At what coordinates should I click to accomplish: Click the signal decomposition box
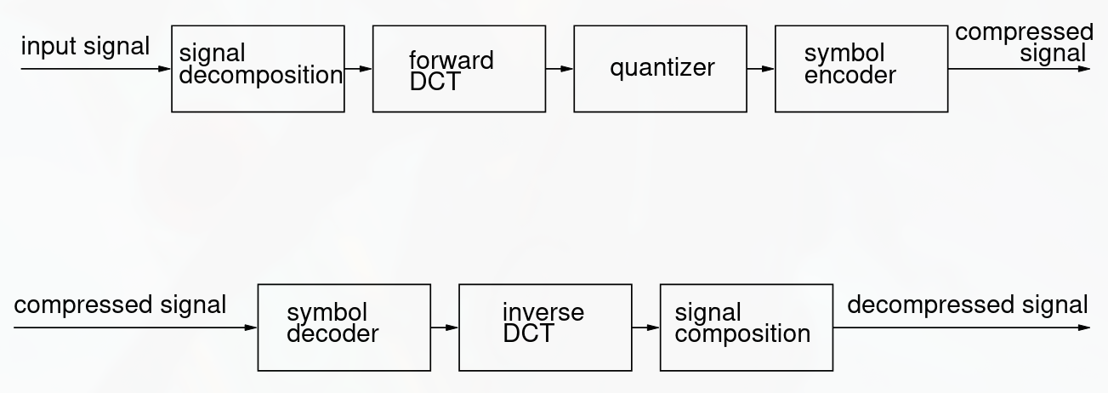click(258, 68)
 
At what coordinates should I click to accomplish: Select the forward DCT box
click(459, 68)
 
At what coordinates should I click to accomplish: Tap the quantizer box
click(660, 68)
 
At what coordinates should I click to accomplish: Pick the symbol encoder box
click(861, 68)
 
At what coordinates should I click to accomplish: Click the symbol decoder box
click(344, 327)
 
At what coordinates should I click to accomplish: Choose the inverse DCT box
click(545, 327)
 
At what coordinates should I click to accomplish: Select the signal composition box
click(746, 327)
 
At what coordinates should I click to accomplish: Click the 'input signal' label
click(85, 47)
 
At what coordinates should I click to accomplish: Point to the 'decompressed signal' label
click(967, 305)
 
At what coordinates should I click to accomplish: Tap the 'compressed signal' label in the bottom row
click(120, 305)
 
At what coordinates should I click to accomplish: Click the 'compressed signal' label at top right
click(1024, 43)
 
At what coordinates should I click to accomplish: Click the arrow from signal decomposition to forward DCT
click(358, 69)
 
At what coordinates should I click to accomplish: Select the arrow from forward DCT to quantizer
click(560, 69)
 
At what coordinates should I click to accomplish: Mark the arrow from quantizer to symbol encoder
click(760, 69)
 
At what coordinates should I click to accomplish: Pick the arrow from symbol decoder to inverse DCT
click(444, 327)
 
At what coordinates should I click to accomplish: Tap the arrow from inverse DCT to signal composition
click(645, 327)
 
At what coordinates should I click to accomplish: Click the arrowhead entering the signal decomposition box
click(165, 69)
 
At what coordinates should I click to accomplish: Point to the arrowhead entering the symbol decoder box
click(251, 327)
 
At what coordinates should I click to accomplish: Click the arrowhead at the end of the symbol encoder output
click(1083, 69)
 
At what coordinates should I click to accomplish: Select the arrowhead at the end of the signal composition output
click(1083, 327)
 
